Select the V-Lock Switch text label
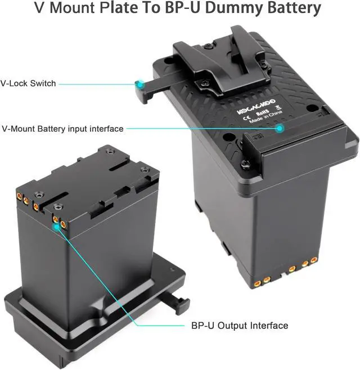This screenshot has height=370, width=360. pos(28,83)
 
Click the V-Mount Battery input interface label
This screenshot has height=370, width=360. pos(62,129)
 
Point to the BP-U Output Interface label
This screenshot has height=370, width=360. pos(240,326)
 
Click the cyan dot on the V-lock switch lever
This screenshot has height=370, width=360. pos(139,84)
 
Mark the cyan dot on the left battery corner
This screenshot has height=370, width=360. pos(56,226)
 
